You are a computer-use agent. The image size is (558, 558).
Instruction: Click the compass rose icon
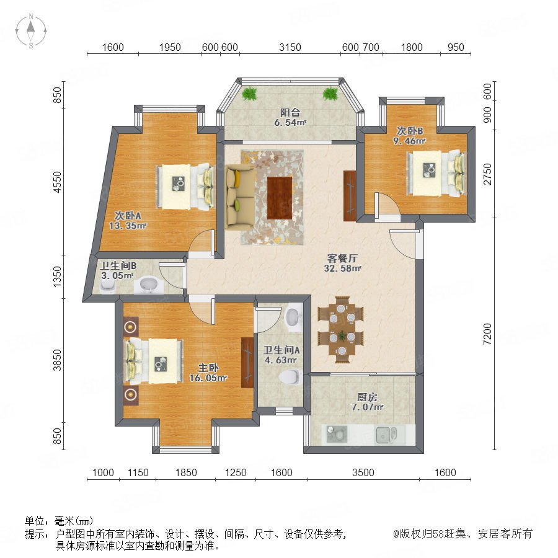(x=31, y=31)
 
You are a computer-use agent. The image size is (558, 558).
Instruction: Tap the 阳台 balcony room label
(x=290, y=112)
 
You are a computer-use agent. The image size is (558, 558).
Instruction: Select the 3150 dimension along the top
(x=290, y=47)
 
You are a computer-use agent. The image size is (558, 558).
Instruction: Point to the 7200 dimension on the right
(x=487, y=334)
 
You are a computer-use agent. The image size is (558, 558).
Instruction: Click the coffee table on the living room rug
(x=280, y=198)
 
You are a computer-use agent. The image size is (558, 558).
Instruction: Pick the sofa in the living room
(x=240, y=197)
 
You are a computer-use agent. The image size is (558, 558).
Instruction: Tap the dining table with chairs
(x=341, y=329)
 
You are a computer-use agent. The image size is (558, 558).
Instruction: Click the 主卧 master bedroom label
(x=208, y=368)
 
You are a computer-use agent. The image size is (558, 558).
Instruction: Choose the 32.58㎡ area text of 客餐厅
(x=342, y=268)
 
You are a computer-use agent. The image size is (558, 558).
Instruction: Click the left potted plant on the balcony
(x=249, y=94)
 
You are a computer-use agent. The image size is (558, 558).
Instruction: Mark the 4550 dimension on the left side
(x=57, y=182)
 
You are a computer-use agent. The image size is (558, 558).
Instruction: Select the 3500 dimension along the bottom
(x=363, y=472)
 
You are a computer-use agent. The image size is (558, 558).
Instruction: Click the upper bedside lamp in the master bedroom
(x=130, y=326)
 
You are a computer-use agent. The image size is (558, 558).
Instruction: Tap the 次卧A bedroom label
(x=128, y=215)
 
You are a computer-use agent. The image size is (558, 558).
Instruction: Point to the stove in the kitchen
(x=337, y=434)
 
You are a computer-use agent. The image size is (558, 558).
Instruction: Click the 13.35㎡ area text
(x=128, y=225)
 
